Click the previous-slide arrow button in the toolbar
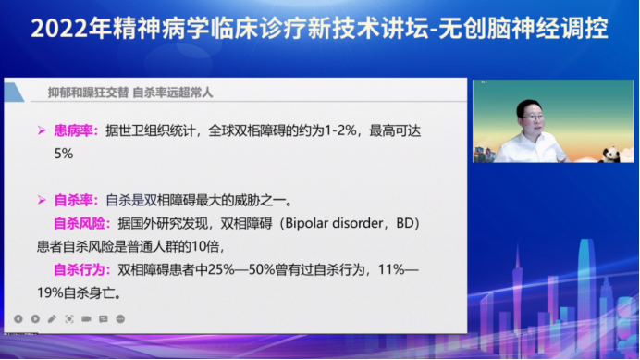pos(18,318)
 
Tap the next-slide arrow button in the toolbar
pos(35,318)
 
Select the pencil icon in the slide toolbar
pos(52,318)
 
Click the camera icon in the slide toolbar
pos(86,318)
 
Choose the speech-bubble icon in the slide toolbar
pos(104,318)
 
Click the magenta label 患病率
pos(76,131)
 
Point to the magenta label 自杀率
pos(76,200)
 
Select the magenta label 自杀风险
pos(86,224)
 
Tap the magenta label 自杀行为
pos(86,271)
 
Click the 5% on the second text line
pos(63,155)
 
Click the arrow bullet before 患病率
pos(42,131)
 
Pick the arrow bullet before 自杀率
pos(42,200)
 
